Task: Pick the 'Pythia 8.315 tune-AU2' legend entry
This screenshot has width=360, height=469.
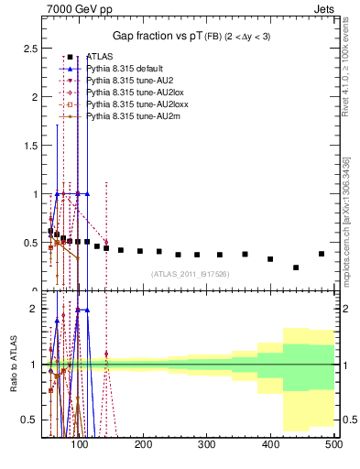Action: [126, 81]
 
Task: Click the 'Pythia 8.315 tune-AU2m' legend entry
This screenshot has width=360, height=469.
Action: [127, 116]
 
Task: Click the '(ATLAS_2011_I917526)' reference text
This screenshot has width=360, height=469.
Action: [190, 274]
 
